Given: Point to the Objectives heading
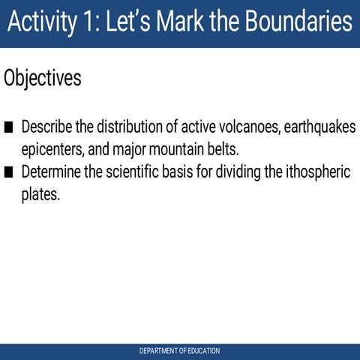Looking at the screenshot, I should (42, 78).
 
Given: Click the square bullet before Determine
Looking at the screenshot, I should (9, 172).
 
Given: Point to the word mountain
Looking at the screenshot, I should (177, 148).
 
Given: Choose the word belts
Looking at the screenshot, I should (222, 148).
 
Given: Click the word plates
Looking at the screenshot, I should (40, 195).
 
